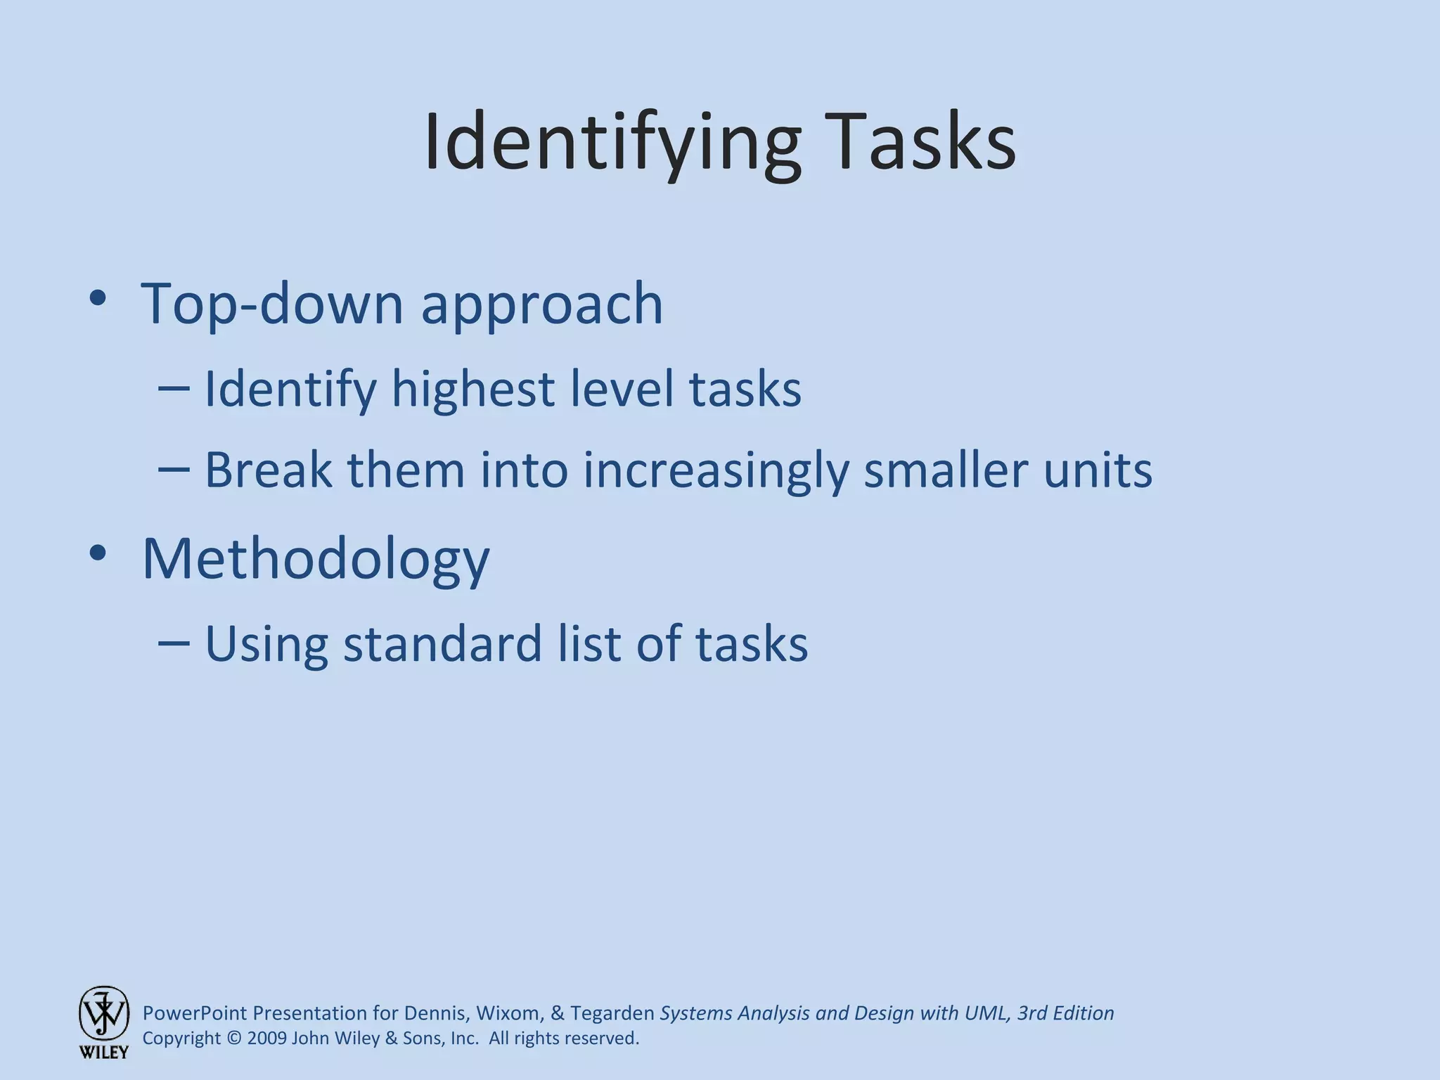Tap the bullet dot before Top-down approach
(98, 298)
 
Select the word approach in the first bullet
(541, 305)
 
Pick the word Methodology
(316, 559)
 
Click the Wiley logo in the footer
(103, 1022)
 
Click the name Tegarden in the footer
(612, 1013)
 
